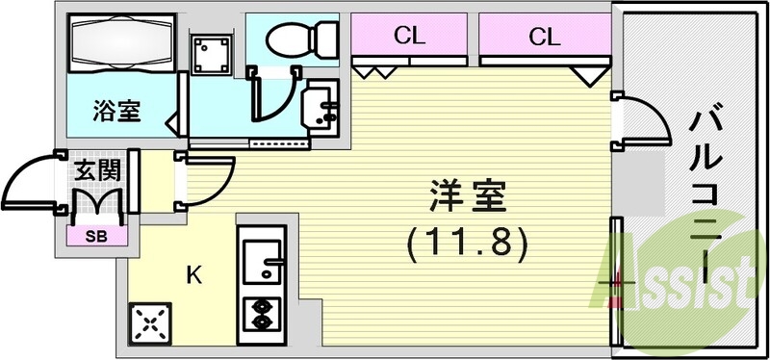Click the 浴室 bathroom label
[116, 111]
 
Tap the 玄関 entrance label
[96, 173]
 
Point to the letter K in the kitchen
[193, 276]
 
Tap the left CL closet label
[410, 38]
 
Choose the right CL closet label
[544, 38]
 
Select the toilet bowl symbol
[295, 39]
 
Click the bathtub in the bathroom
[118, 43]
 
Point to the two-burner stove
[260, 312]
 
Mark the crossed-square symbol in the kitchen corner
[149, 323]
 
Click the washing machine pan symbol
[212, 56]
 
